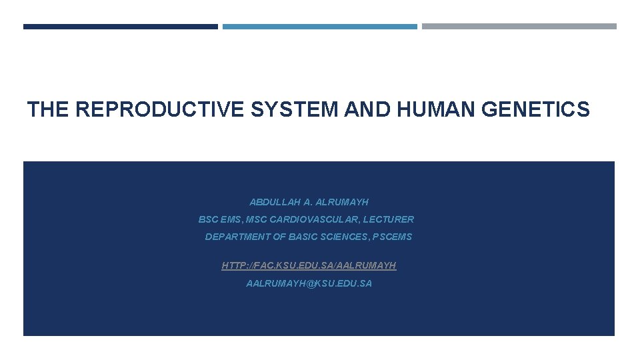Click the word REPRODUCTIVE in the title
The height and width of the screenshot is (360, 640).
161,109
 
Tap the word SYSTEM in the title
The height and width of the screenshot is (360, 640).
295,109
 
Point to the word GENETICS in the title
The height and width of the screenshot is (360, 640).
543,109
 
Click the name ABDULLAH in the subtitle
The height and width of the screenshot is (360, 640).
275,202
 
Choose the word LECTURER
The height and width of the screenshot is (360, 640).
389,219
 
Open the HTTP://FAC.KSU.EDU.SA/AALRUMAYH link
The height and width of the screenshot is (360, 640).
309,265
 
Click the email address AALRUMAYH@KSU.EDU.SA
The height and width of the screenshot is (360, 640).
309,283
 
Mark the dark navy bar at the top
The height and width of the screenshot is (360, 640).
121,27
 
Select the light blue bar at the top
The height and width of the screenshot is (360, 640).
320,27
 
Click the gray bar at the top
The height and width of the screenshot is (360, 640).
519,27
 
